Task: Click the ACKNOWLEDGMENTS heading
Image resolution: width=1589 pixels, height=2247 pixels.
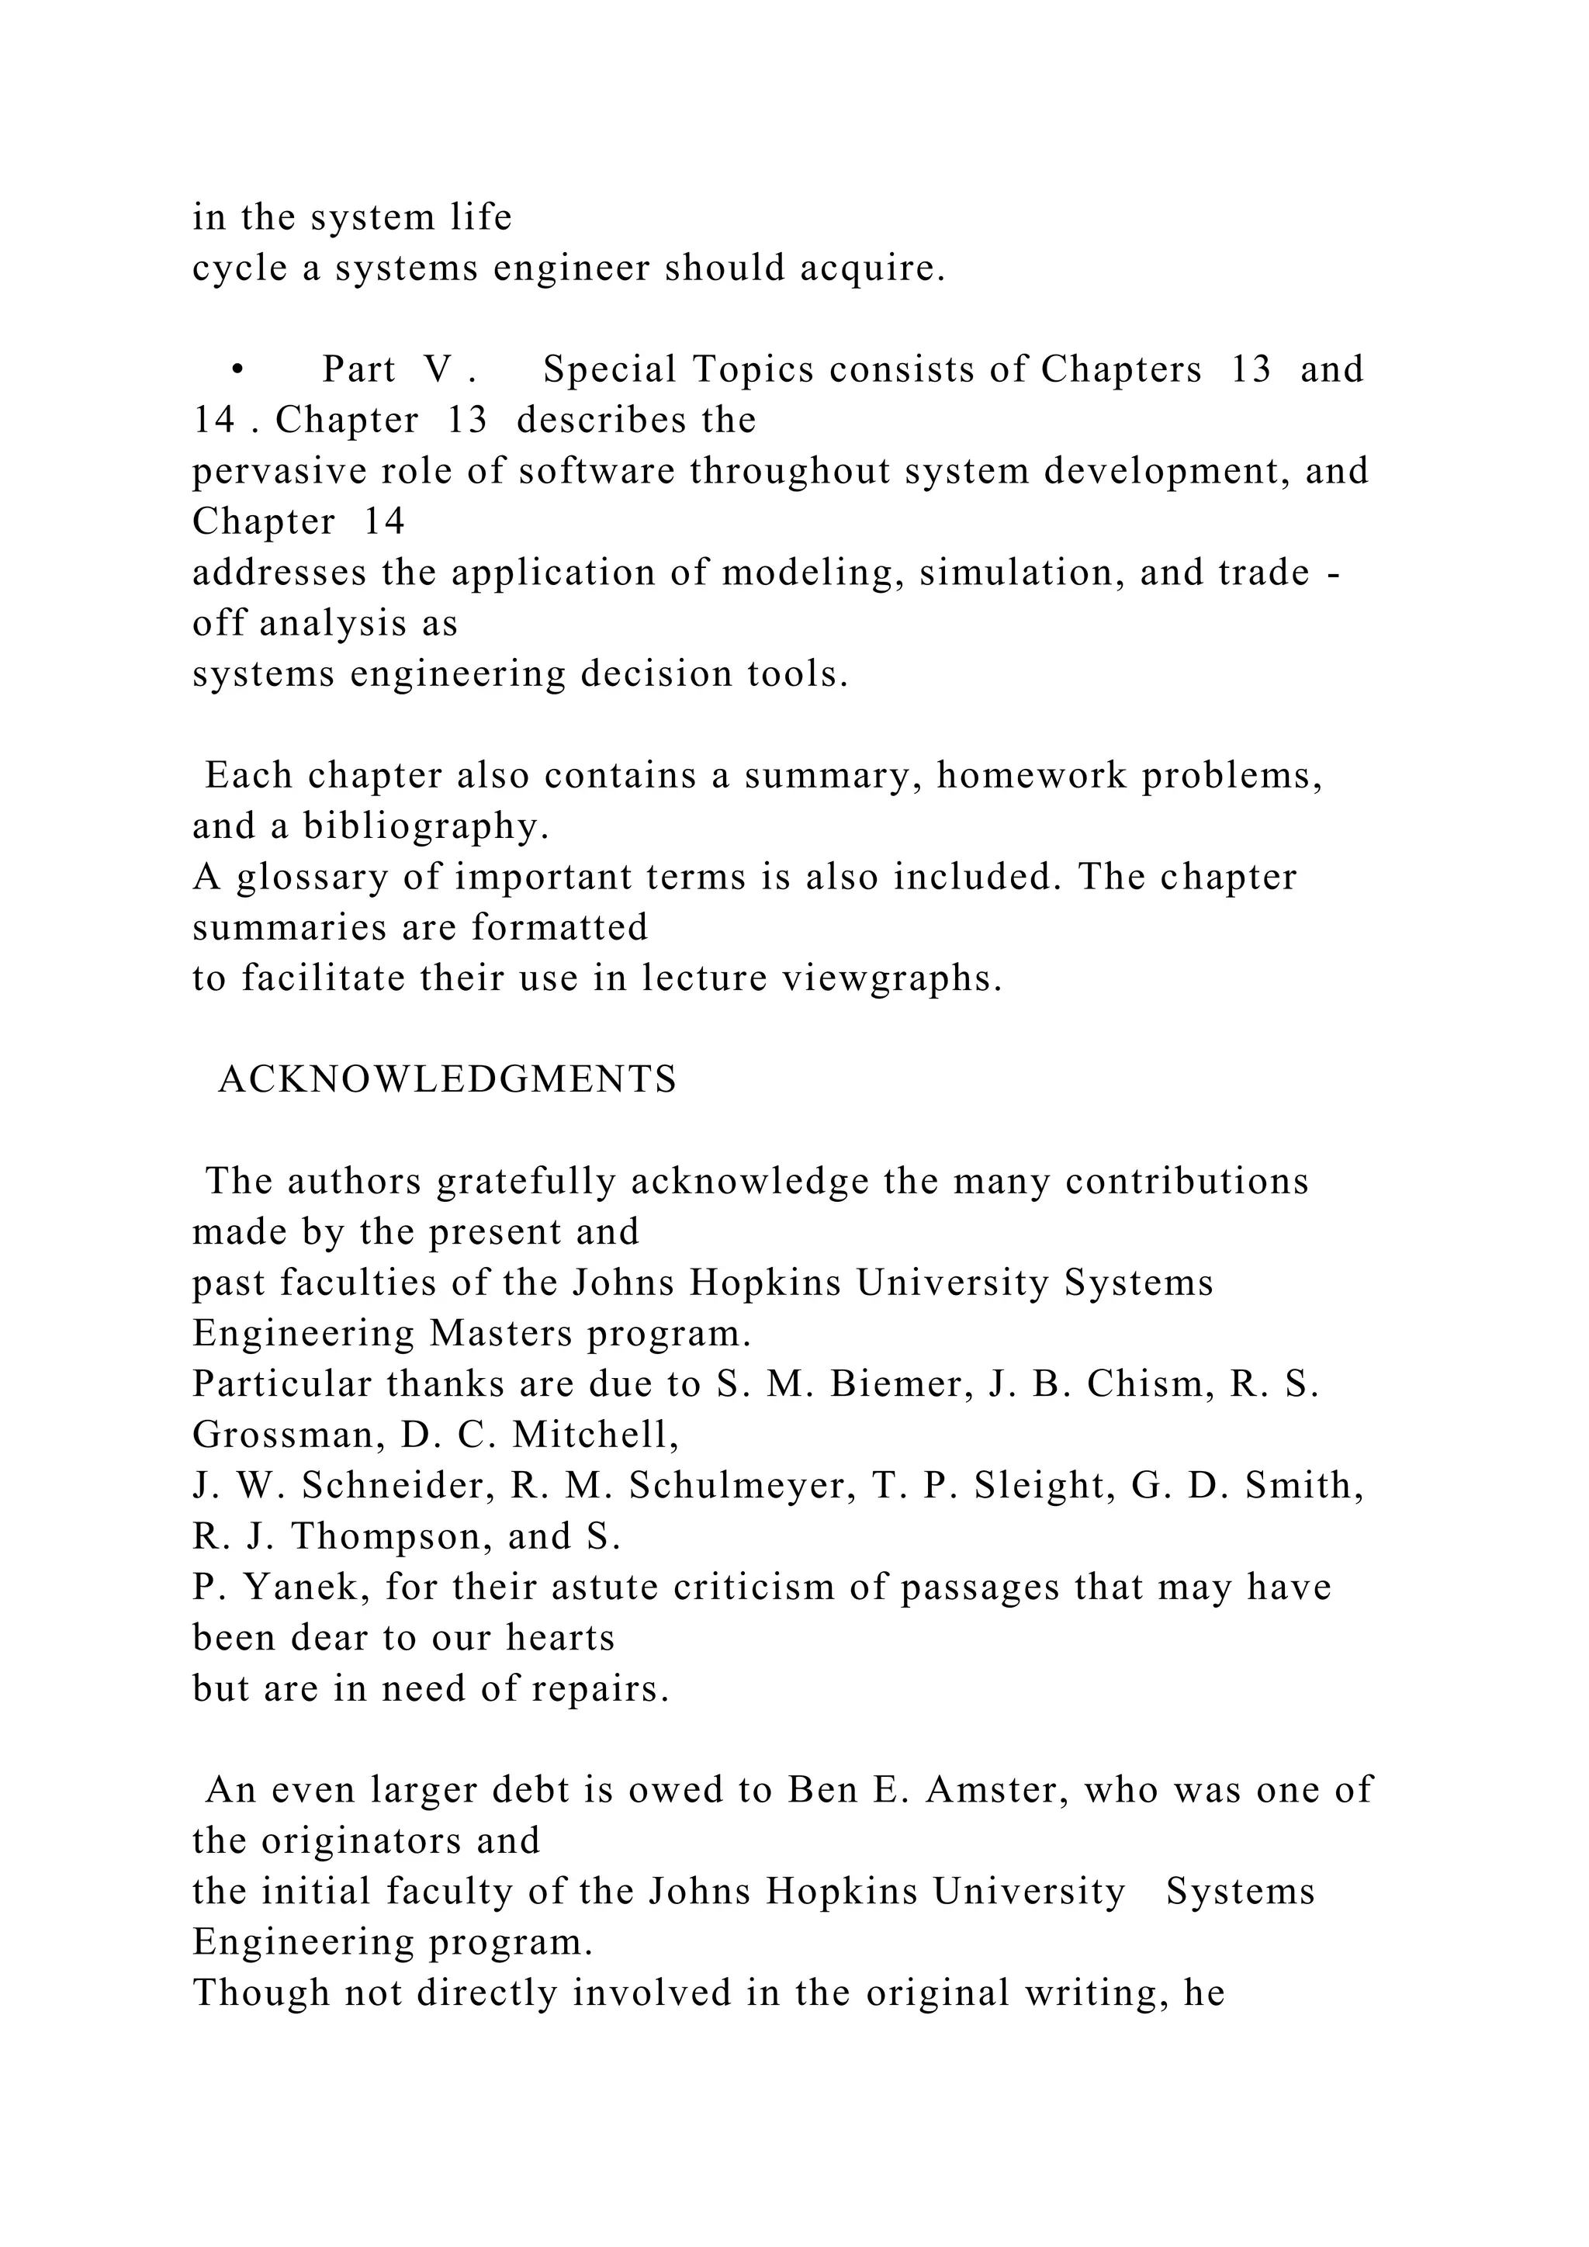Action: (447, 1079)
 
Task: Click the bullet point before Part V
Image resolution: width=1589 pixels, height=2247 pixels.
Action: (237, 370)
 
